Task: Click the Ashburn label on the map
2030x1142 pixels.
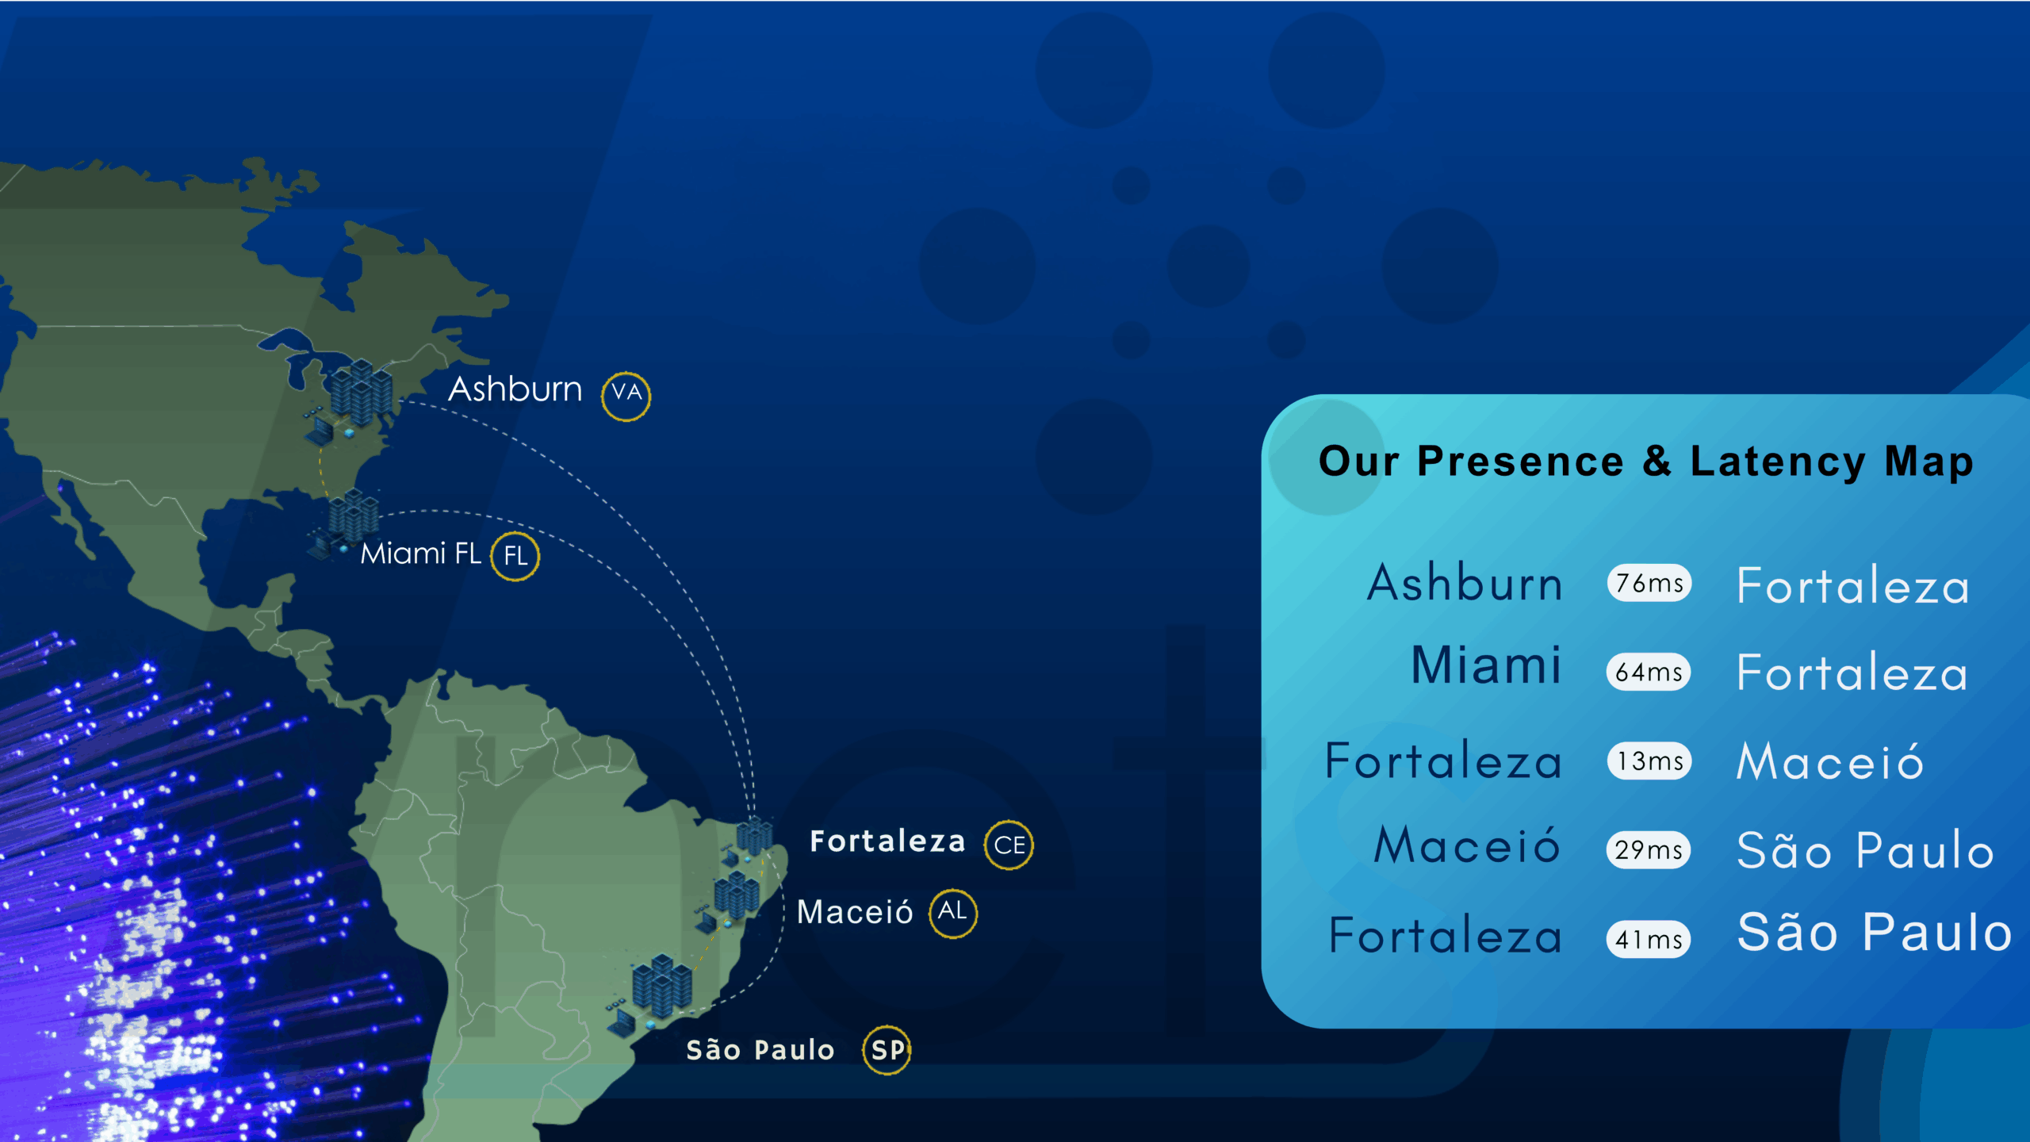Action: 515,389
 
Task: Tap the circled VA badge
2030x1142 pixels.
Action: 626,396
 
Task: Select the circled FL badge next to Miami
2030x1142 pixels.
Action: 515,556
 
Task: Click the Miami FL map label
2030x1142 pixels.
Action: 420,554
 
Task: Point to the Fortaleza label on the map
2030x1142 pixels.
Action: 887,841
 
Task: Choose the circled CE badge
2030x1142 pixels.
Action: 1009,845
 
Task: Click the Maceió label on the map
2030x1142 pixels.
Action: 855,911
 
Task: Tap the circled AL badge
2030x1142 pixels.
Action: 952,913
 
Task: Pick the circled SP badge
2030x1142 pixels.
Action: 887,1050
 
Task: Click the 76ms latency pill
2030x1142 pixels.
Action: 1649,583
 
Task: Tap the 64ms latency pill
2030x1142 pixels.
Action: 1649,672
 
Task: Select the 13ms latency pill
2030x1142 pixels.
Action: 1649,761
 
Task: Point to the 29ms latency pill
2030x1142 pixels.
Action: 1649,850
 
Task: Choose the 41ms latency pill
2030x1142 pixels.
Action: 1649,940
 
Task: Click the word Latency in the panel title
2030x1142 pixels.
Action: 1778,462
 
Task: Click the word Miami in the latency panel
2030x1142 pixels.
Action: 1486,665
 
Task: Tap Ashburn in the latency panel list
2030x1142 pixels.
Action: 1465,582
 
